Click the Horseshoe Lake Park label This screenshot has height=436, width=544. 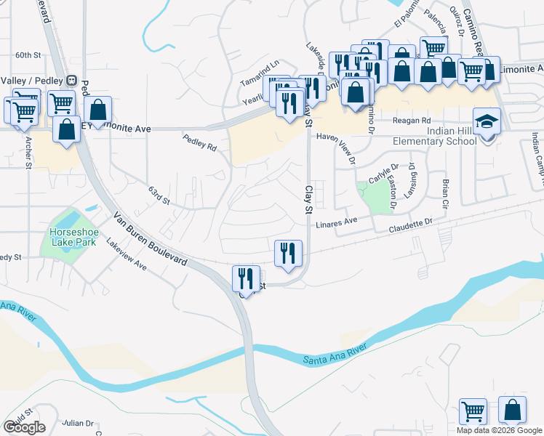68,236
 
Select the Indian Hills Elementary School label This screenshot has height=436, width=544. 435,136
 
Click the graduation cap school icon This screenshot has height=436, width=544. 487,121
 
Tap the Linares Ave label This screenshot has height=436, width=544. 337,221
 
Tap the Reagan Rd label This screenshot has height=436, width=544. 412,121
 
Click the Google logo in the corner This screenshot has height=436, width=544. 24,427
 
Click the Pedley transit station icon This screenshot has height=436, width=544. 71,80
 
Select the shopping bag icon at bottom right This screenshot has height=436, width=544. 512,410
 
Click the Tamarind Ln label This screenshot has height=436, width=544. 260,64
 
